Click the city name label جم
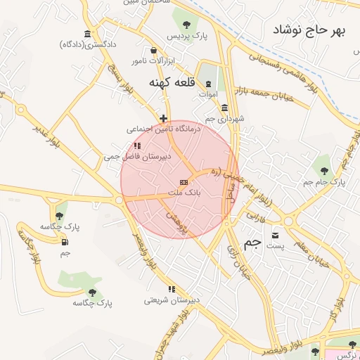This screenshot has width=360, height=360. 252,243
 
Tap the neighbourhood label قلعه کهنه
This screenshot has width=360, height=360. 171,82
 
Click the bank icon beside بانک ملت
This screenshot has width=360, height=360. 184,182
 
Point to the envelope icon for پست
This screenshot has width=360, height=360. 274,235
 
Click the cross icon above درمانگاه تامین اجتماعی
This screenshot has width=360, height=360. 164,118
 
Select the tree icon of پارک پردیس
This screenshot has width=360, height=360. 186,25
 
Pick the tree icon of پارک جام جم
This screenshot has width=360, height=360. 324,171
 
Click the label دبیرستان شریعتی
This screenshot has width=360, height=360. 172,300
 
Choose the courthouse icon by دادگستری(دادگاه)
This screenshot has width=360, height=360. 87,34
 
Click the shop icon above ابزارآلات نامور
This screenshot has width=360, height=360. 154,50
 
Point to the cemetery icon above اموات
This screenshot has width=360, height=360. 208,83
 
